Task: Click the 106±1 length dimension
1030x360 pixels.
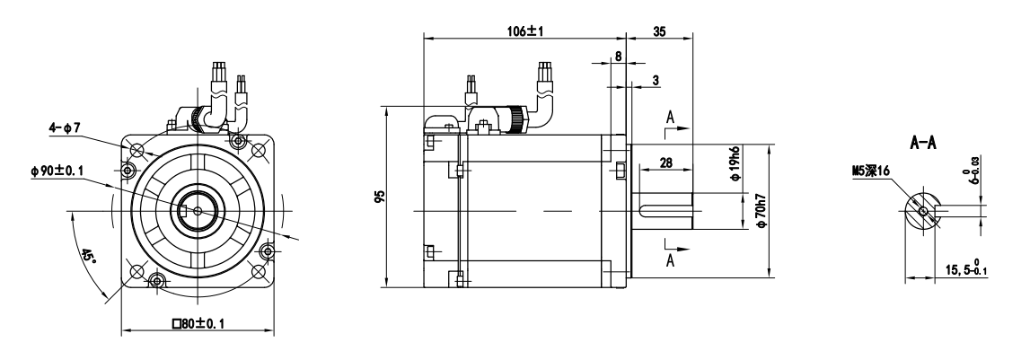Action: (x=524, y=31)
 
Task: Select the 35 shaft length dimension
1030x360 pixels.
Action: (x=660, y=31)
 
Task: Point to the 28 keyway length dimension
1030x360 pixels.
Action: (x=666, y=162)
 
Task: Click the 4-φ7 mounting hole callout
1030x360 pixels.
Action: (x=65, y=127)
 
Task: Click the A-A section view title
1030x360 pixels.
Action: (x=922, y=144)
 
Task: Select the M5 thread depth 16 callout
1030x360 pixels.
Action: (x=870, y=171)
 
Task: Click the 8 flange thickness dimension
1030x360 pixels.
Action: (x=618, y=57)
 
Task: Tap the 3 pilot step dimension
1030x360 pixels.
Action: (x=656, y=80)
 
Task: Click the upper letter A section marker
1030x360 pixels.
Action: (x=670, y=118)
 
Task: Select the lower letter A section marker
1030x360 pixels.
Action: (x=670, y=261)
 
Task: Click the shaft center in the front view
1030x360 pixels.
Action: (x=198, y=211)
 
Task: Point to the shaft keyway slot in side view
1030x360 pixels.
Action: (x=665, y=211)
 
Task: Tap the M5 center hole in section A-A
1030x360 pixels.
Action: (x=923, y=211)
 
